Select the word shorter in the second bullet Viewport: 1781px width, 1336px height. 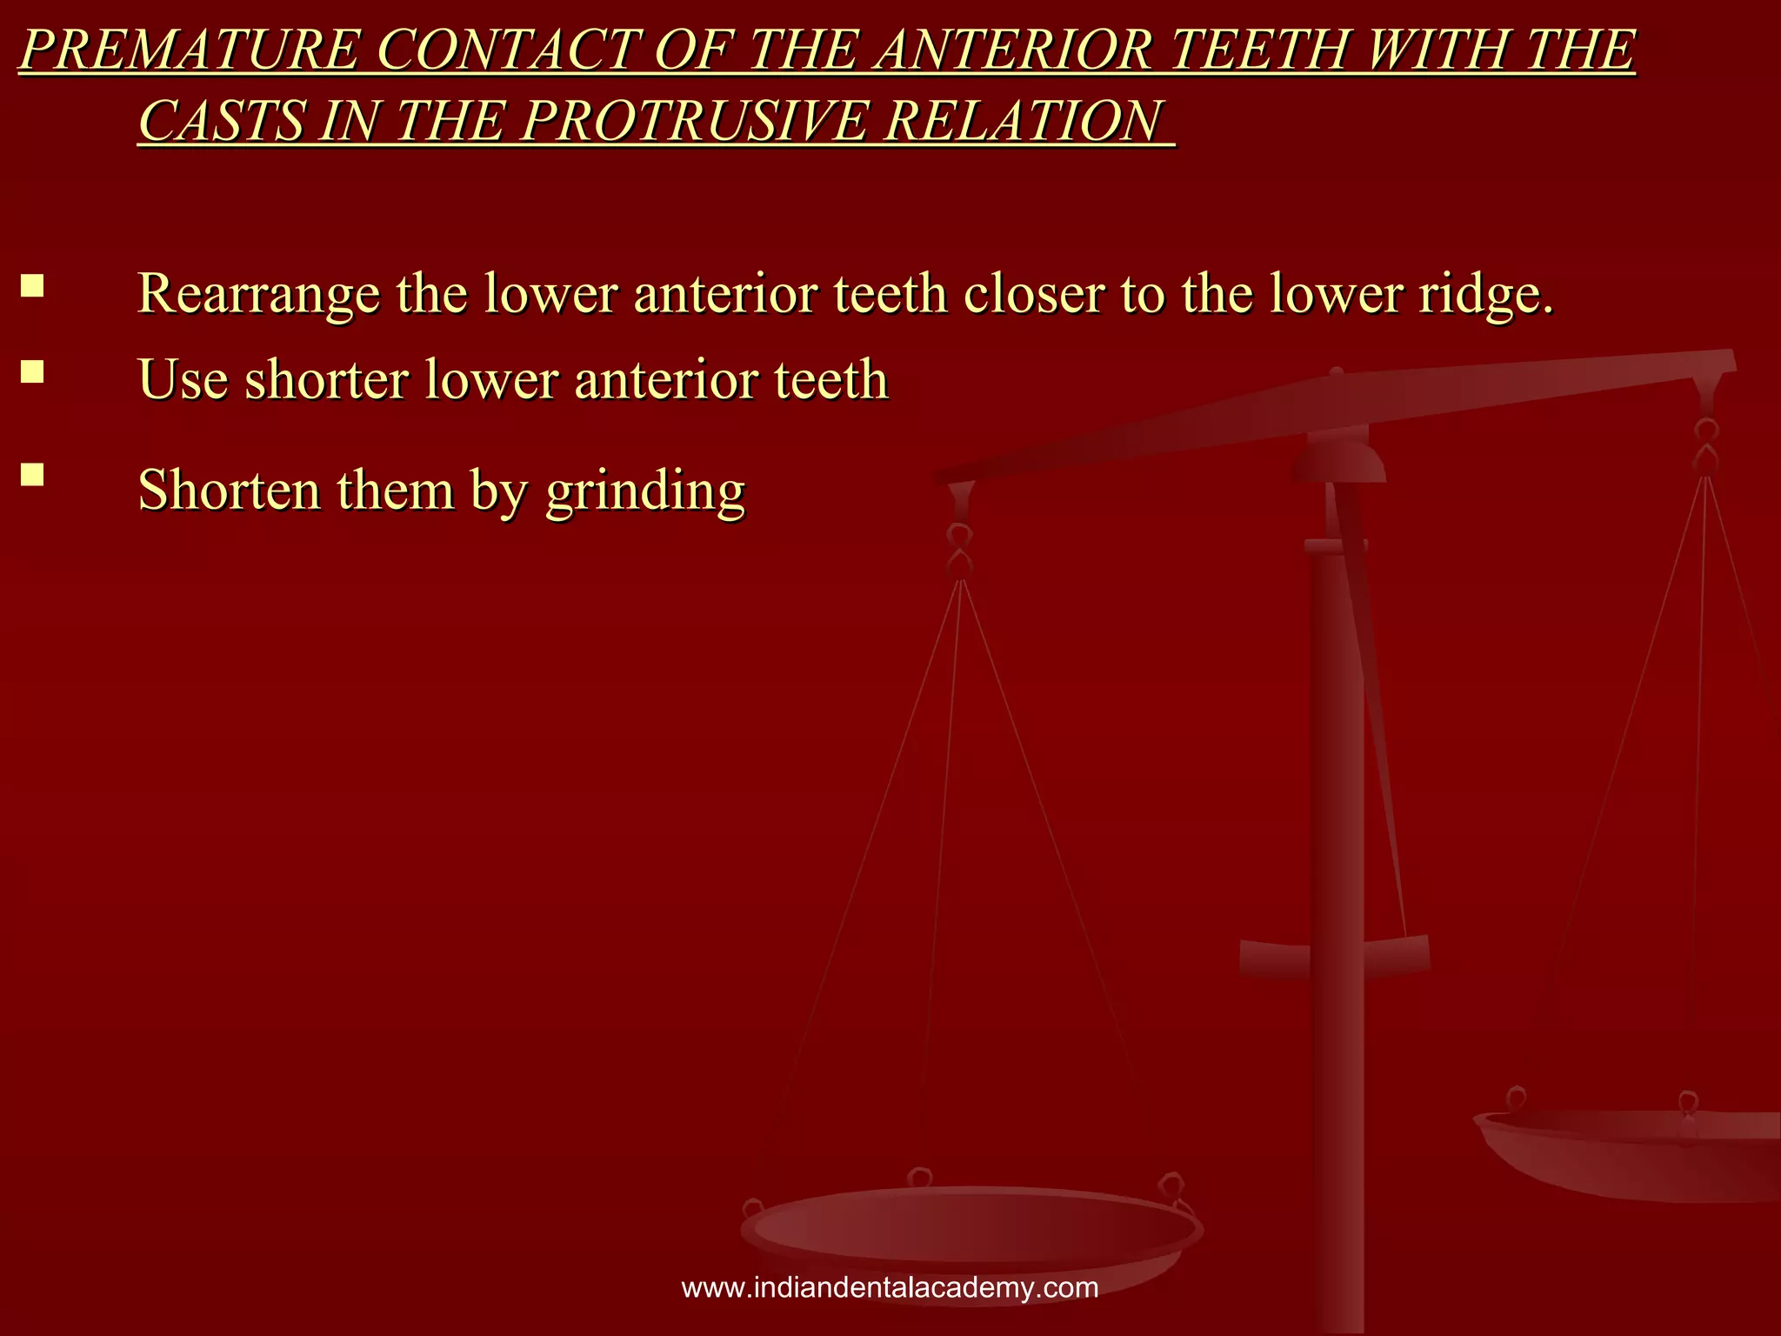pyautogui.click(x=326, y=380)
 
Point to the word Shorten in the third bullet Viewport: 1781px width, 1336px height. pyautogui.click(x=230, y=490)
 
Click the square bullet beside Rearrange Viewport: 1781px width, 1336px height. pyautogui.click(x=33, y=286)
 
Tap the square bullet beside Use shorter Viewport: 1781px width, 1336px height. pyautogui.click(x=33, y=372)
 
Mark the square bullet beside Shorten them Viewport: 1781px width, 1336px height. pyautogui.click(x=33, y=474)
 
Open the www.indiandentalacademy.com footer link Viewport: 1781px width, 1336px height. pyautogui.click(x=890, y=1287)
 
